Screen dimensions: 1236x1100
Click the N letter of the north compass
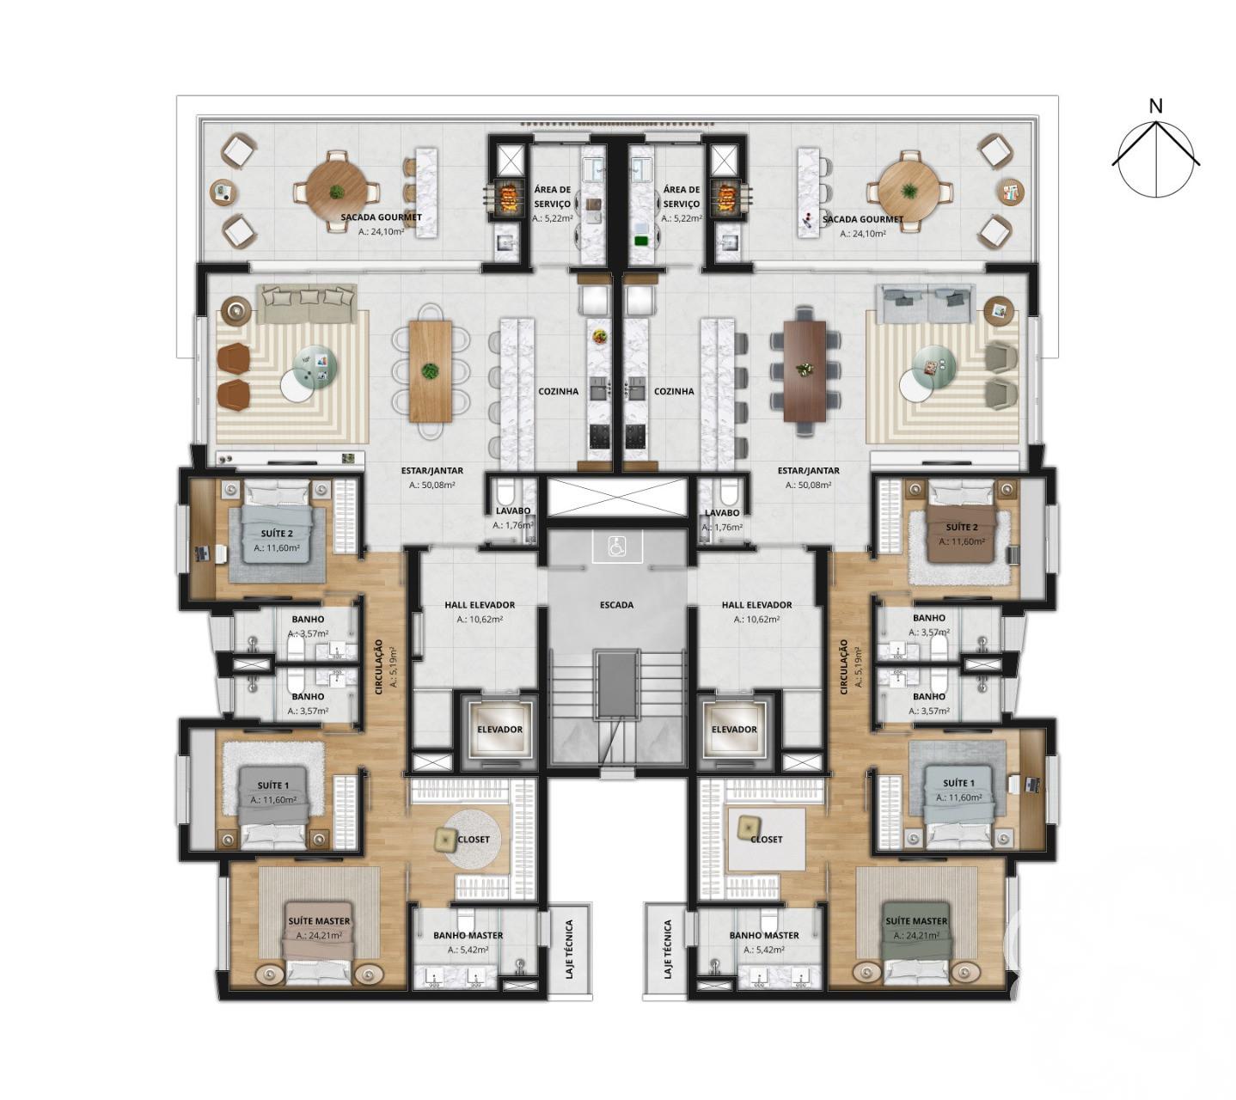[1155, 107]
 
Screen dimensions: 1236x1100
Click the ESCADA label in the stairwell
[616, 605]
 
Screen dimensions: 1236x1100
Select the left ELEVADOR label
[499, 729]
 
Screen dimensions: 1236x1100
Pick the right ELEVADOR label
[734, 729]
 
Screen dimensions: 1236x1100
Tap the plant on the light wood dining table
[431, 370]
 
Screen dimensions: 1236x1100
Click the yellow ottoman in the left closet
[445, 840]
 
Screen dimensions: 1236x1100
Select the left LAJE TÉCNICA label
[569, 950]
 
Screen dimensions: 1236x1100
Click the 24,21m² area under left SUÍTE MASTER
[319, 935]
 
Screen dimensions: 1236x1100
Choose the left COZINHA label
[558, 391]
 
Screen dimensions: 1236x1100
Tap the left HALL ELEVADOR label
[480, 605]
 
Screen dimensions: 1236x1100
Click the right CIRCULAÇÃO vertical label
[844, 667]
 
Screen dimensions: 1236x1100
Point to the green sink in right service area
[640, 241]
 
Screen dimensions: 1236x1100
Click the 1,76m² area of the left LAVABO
[512, 525]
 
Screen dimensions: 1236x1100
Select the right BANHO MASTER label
[764, 935]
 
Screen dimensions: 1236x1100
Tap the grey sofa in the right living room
[925, 303]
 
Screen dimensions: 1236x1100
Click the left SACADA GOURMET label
[382, 217]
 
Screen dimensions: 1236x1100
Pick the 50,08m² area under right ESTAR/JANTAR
[808, 485]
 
